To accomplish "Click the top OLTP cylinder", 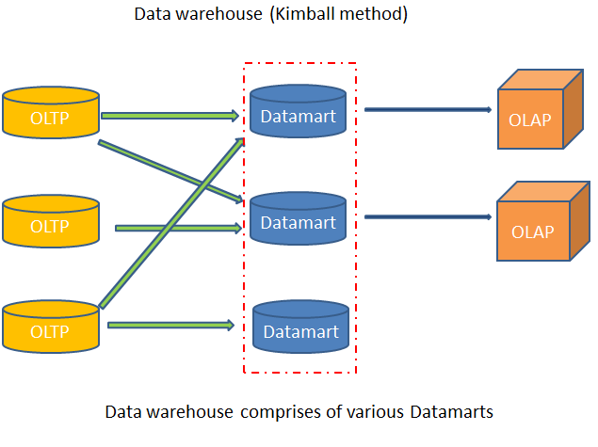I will coord(51,119).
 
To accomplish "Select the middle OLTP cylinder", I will coord(51,226).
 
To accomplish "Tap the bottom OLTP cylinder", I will coord(51,330).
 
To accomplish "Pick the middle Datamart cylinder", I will coord(298,222).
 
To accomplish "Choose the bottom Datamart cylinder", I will coord(300,330).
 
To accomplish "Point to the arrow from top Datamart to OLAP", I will coord(428,109).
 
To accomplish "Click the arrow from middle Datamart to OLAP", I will coord(428,217).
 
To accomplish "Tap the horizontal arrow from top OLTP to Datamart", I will coord(170,116).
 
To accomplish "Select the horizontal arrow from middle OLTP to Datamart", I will coord(176,228).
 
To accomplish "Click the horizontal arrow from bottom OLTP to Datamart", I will coord(170,326).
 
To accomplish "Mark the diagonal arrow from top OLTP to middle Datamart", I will coord(170,170).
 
